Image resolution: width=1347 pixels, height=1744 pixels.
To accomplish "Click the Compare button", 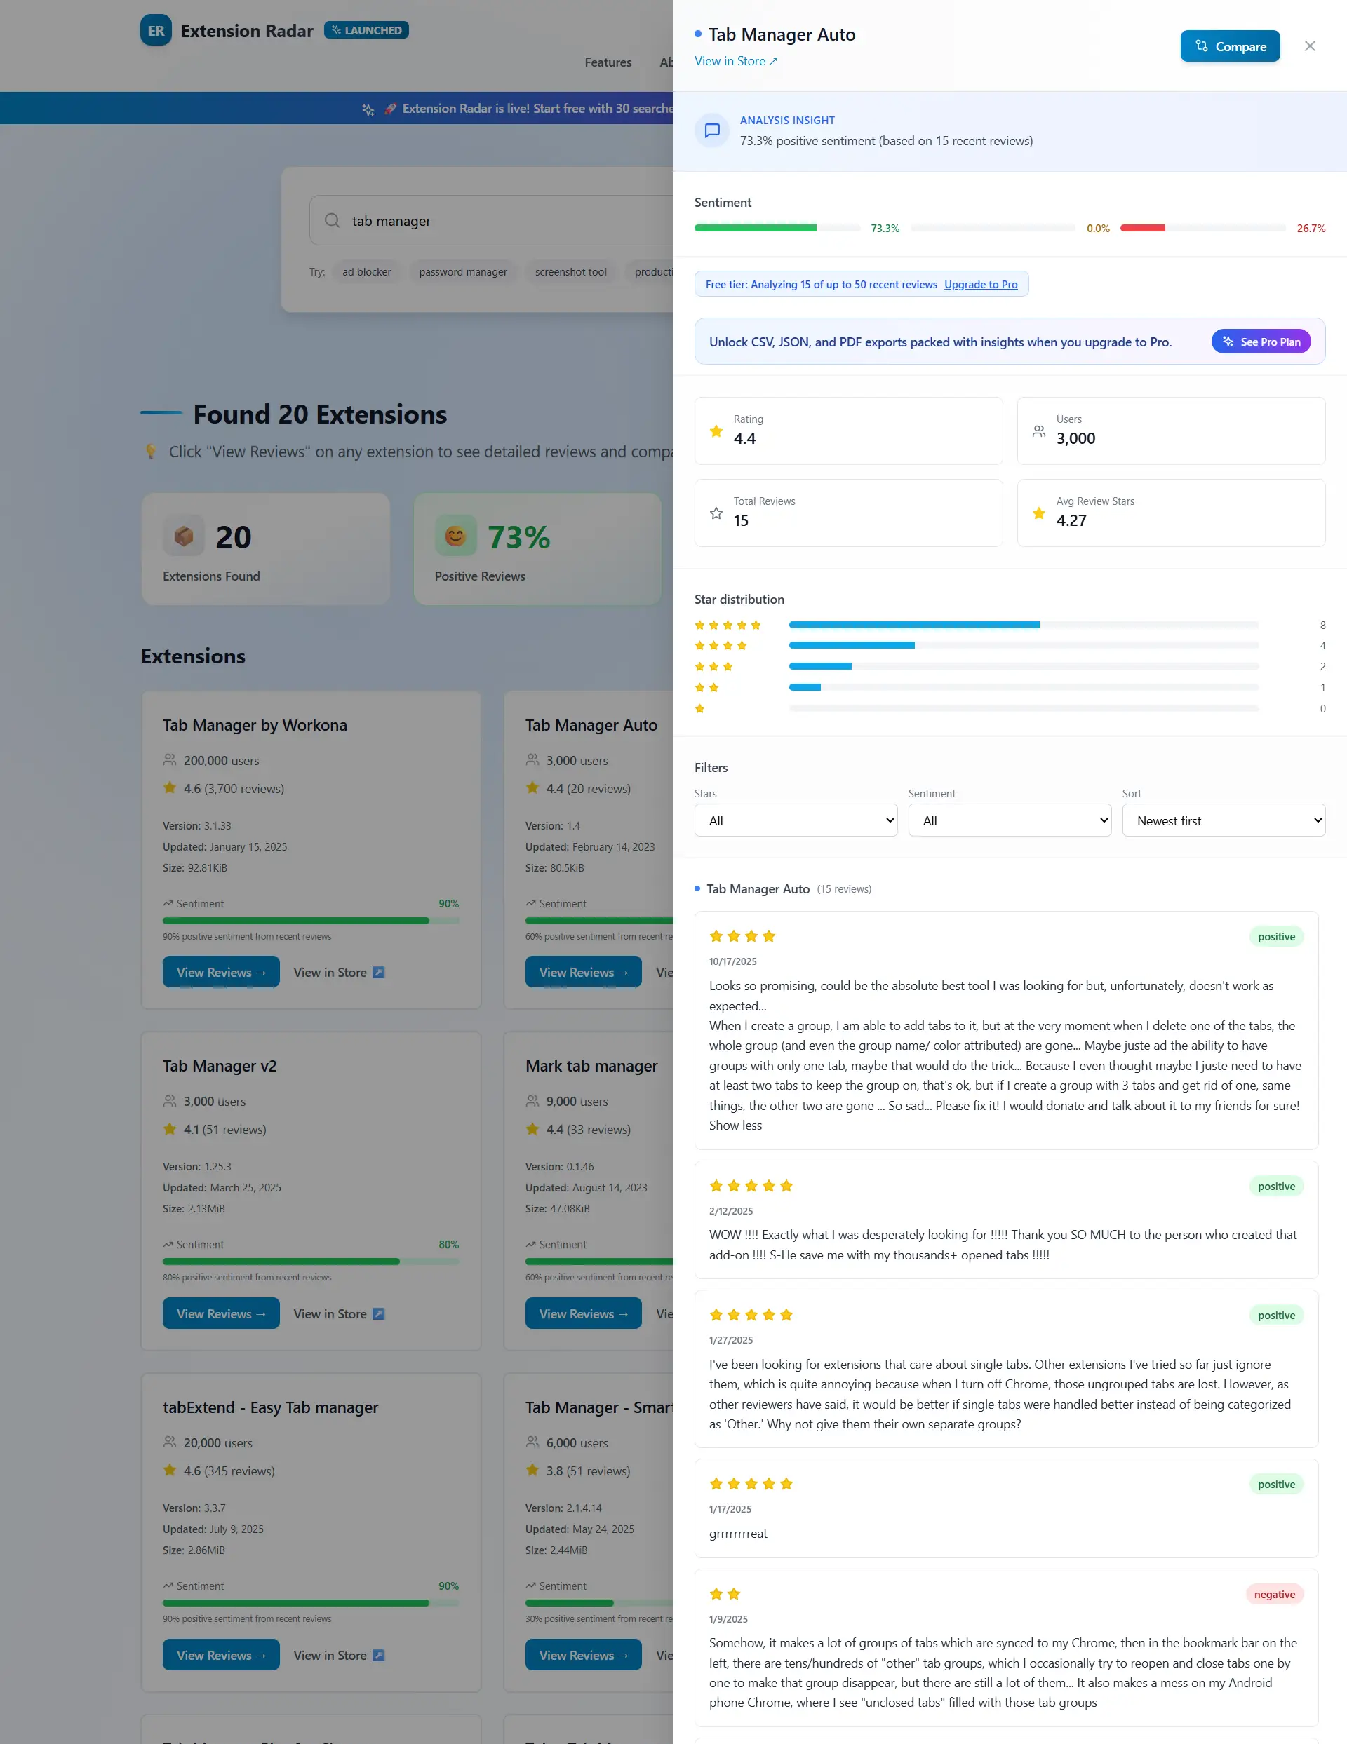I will tap(1230, 46).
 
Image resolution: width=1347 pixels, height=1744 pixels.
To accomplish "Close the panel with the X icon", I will tap(1309, 46).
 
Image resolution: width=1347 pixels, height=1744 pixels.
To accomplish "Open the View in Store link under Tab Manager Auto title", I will tap(735, 61).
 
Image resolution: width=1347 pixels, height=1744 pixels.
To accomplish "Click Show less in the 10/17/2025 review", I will tap(735, 1125).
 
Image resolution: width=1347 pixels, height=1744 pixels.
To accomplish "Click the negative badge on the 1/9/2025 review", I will tap(1273, 1594).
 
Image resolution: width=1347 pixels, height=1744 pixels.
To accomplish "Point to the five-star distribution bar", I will tap(913, 624).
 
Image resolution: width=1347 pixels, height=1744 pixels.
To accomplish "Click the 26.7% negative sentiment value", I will tap(1311, 229).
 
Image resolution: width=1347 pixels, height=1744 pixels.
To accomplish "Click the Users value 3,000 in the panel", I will tap(1075, 438).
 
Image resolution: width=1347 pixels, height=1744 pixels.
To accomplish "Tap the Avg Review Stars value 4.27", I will tap(1071, 520).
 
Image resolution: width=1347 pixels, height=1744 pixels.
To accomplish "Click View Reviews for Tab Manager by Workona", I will tap(220, 972).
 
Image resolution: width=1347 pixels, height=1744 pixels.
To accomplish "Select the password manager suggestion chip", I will tap(462, 272).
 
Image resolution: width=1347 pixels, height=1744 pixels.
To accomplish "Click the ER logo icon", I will tap(156, 30).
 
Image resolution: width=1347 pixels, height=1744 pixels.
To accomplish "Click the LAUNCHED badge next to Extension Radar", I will tap(367, 30).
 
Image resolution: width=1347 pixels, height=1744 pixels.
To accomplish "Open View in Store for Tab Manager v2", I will tap(339, 1313).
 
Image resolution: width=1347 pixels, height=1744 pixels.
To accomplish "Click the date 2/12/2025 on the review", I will tap(730, 1210).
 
